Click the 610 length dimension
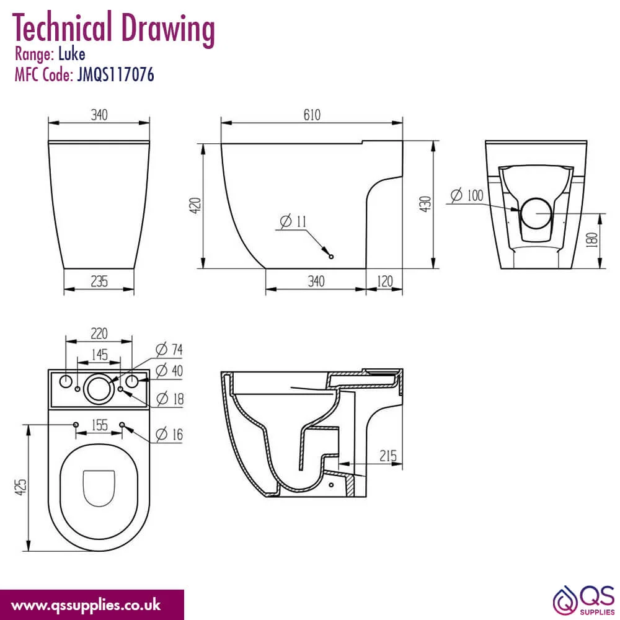point(312,115)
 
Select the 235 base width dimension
point(99,281)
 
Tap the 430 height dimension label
point(425,204)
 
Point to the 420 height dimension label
point(195,206)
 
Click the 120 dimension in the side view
point(385,281)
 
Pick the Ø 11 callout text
point(293,221)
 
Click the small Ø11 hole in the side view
point(331,257)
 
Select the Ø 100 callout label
point(467,195)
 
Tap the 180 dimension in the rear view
point(592,240)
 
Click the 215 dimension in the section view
point(388,456)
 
